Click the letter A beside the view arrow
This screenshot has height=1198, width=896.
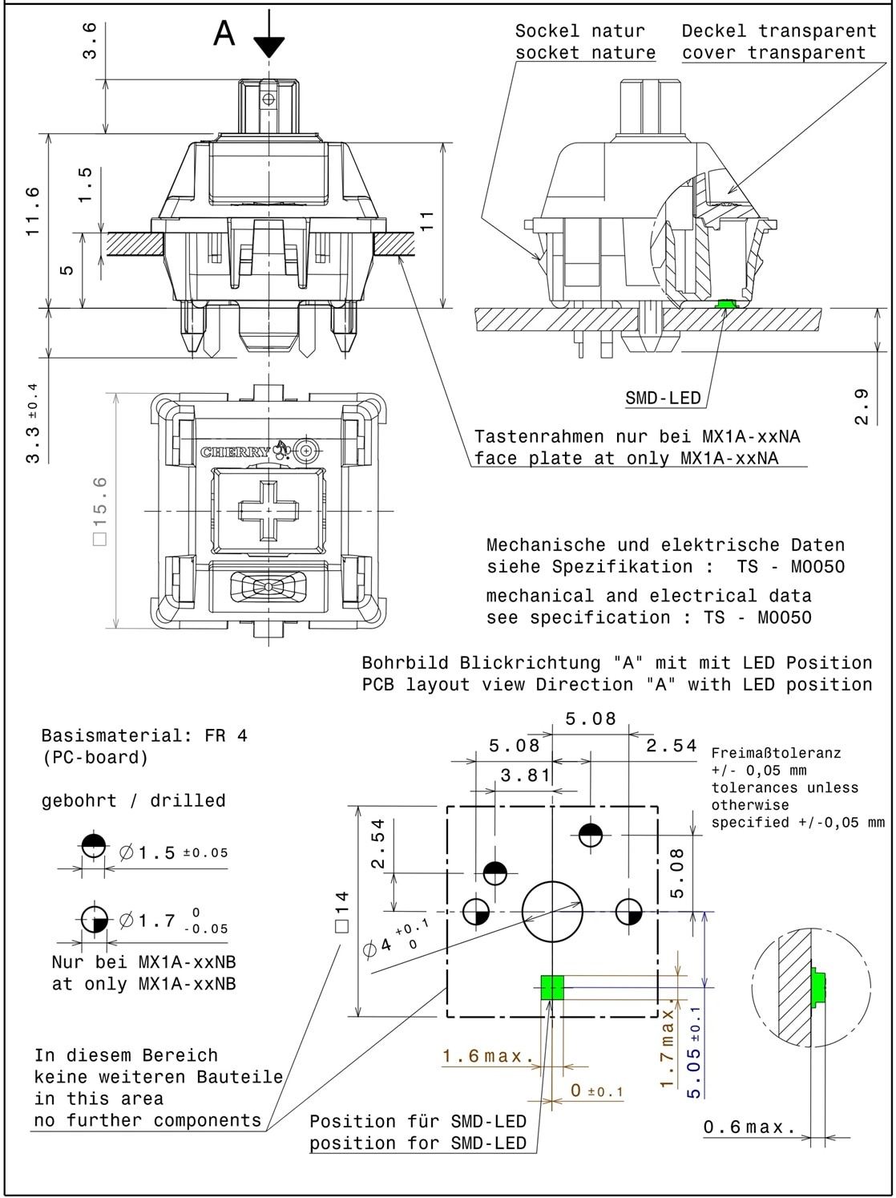coord(224,33)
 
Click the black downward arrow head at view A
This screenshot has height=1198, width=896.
coord(269,47)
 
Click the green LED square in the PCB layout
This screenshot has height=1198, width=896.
coord(553,987)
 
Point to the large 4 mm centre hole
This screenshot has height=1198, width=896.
coord(552,912)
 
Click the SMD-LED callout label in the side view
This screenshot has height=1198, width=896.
coord(663,398)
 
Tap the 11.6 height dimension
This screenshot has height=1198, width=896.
coord(33,210)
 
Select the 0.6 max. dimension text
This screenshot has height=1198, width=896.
coord(749,1127)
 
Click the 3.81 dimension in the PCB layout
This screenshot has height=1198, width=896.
coord(525,775)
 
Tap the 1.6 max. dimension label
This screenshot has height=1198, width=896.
coord(488,1056)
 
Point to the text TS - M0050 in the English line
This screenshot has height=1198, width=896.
coord(757,617)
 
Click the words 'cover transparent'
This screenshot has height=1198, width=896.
coord(773,53)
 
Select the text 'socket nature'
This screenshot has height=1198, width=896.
coord(585,53)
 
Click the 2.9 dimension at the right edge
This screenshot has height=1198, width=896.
coord(862,406)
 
